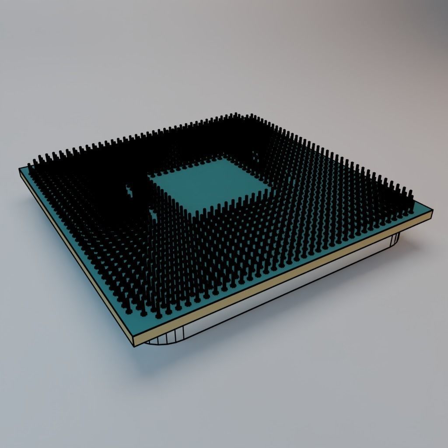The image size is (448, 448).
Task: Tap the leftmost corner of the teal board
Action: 20,168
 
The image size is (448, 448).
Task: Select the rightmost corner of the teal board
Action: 432,210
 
